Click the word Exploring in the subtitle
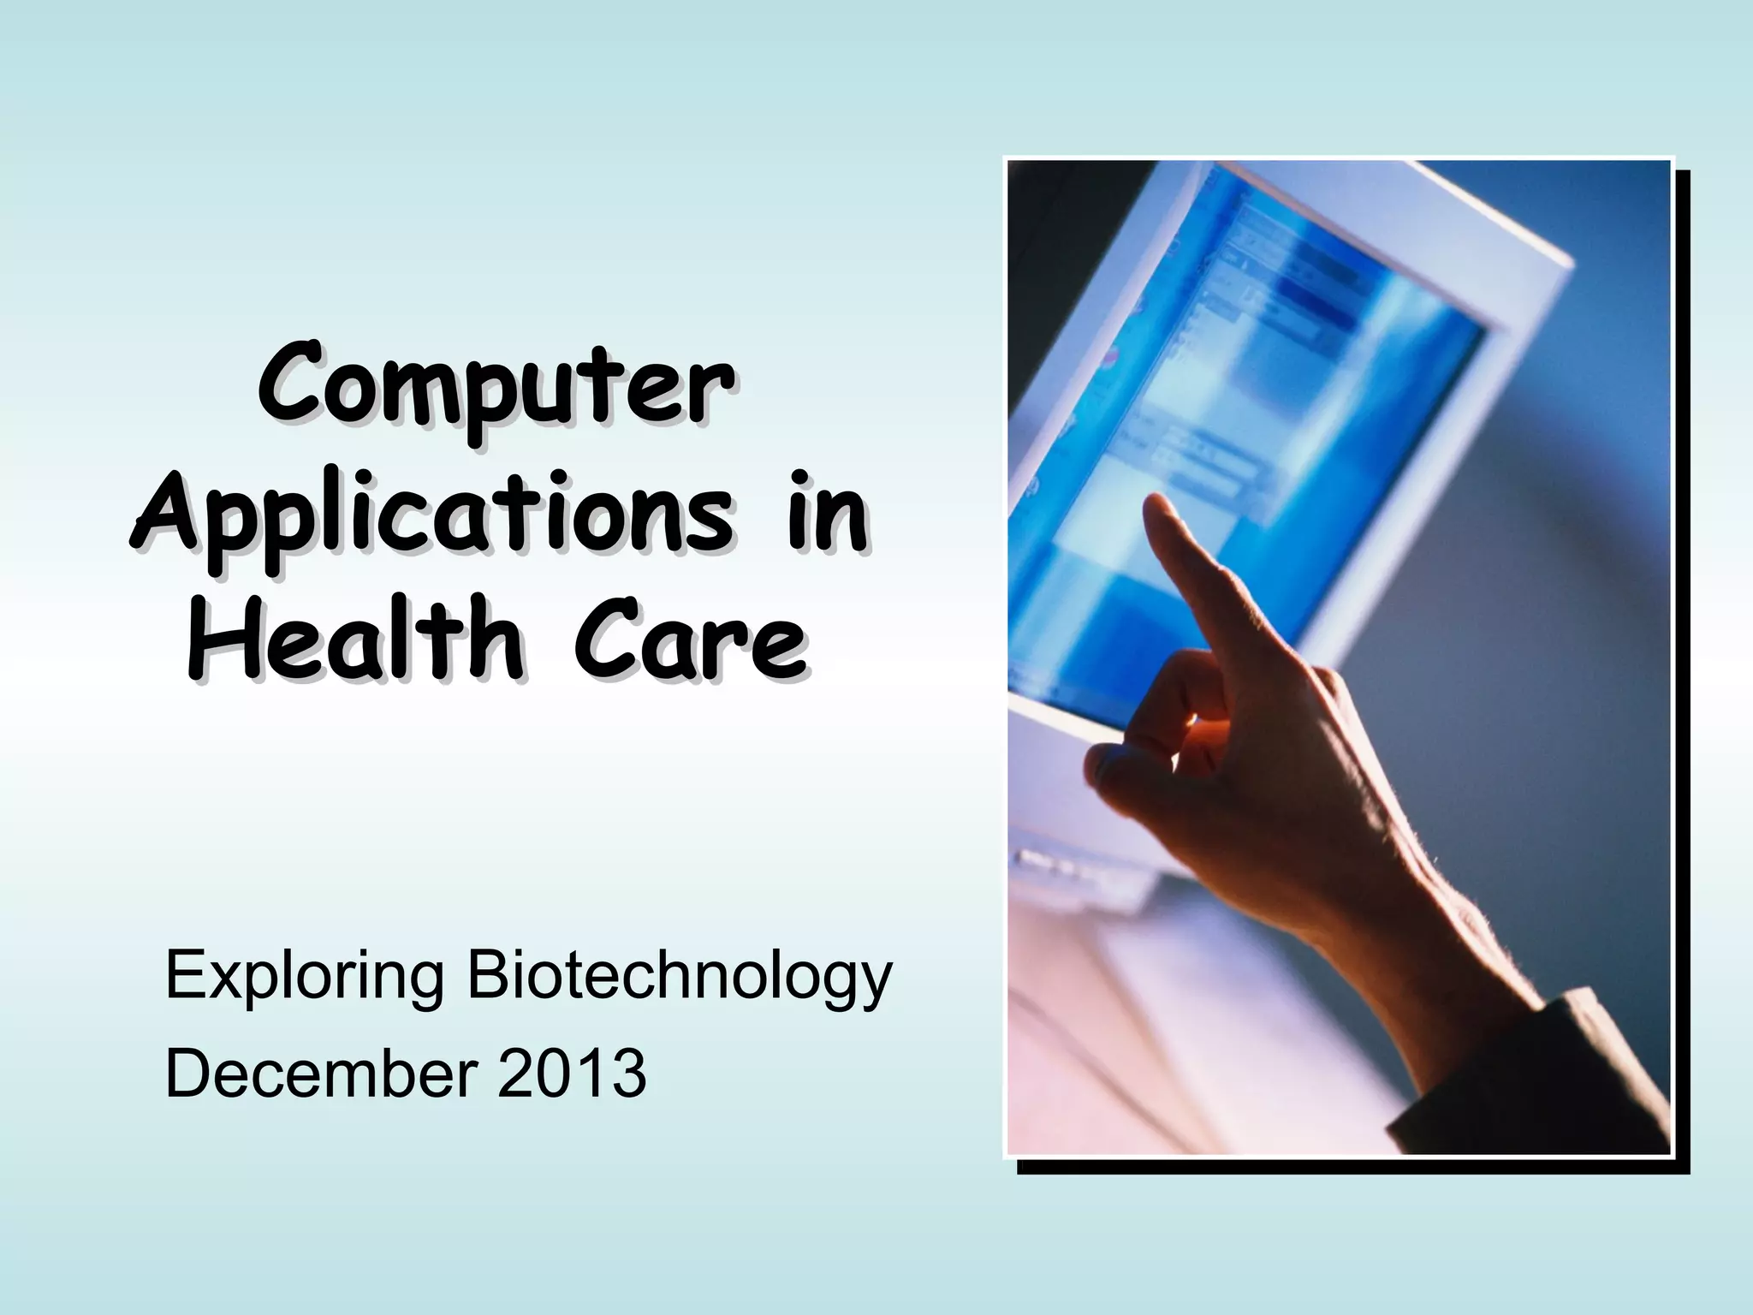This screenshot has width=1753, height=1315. (304, 978)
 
